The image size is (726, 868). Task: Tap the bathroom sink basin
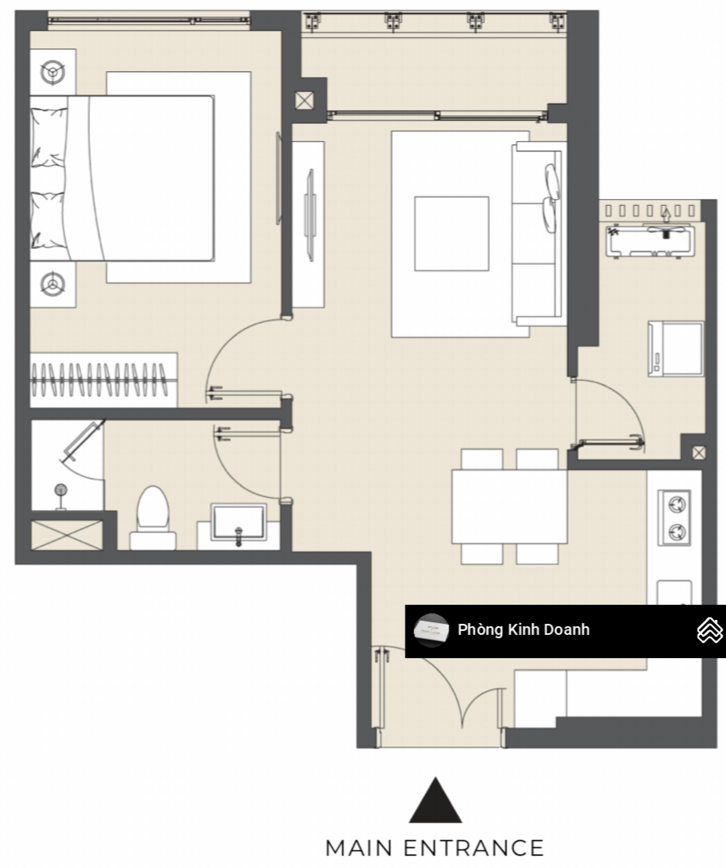coord(238,522)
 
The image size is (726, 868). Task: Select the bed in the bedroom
coord(122,178)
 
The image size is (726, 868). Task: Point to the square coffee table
coord(452,234)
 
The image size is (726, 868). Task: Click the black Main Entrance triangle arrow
coord(435,800)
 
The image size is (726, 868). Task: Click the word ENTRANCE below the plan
coord(474,848)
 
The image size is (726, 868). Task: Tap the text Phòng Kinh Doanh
coord(523,630)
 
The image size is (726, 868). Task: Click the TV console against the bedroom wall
coord(308,225)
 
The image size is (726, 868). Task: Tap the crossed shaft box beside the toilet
coord(67,535)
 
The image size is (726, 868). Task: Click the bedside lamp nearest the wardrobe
coord(53,284)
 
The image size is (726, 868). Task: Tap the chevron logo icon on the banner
coord(710,630)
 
